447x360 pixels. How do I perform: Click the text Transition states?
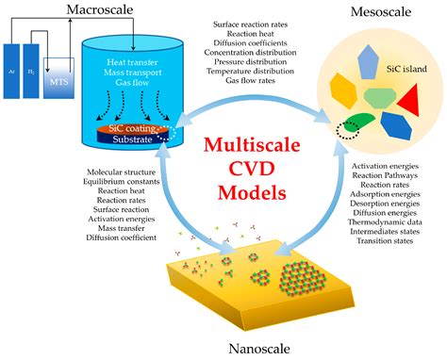pyautogui.click(x=387, y=241)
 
